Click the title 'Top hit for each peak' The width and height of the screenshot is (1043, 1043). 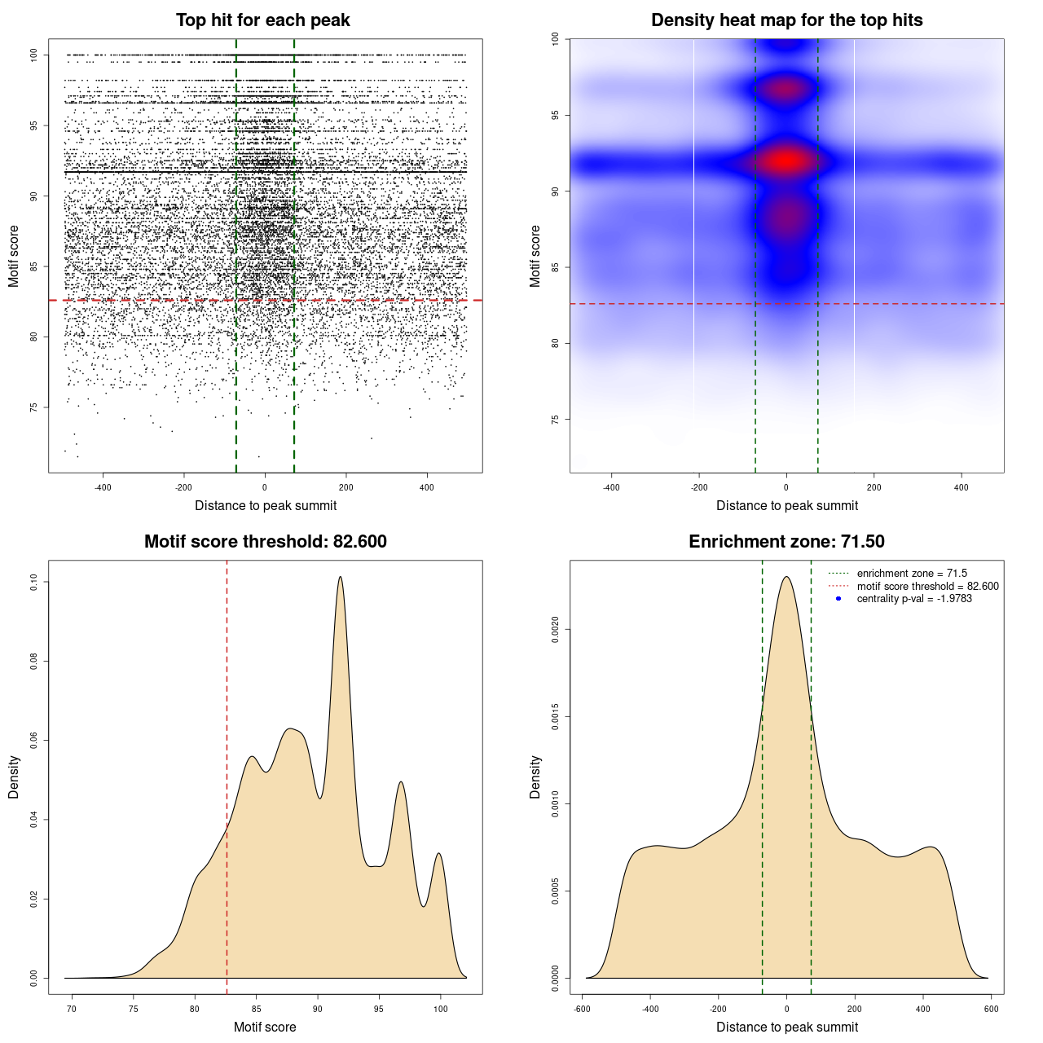click(262, 20)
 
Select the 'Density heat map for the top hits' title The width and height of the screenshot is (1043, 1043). click(786, 20)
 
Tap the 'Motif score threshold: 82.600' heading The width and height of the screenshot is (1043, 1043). click(265, 542)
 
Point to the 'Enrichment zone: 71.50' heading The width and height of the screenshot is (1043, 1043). click(786, 542)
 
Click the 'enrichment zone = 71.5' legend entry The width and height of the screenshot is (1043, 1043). click(912, 574)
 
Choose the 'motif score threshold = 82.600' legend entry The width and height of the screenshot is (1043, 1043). click(927, 587)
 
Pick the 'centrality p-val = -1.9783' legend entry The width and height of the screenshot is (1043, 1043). click(914, 599)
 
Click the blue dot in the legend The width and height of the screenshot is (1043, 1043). click(838, 599)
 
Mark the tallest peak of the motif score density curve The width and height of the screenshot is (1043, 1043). click(341, 577)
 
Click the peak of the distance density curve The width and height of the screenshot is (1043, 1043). click(786, 577)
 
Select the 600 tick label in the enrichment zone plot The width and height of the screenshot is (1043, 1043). click(991, 1009)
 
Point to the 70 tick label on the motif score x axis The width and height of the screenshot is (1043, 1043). click(72, 1009)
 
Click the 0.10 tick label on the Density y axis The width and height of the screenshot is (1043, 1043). click(34, 582)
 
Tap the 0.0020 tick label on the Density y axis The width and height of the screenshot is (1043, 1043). click(556, 629)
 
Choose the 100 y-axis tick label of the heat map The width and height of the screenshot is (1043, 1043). click(556, 39)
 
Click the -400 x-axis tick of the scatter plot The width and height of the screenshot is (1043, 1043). click(103, 487)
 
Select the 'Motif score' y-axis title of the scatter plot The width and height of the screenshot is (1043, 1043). click(14, 257)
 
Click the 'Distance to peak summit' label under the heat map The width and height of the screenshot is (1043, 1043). click(786, 506)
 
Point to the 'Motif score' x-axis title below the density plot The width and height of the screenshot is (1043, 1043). click(265, 1028)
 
